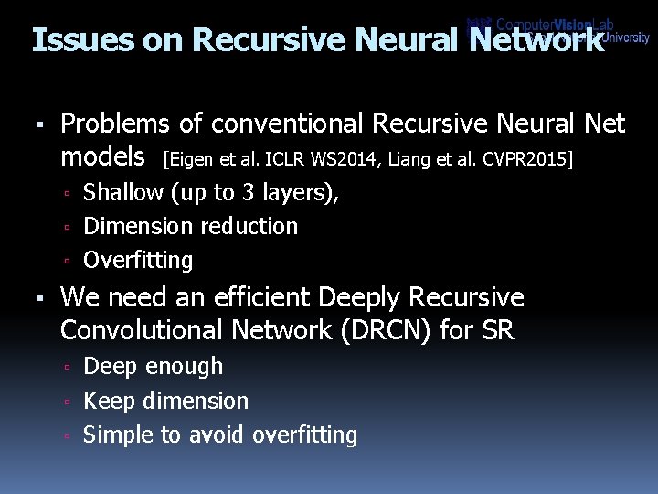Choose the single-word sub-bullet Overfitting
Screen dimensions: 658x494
click(138, 261)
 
